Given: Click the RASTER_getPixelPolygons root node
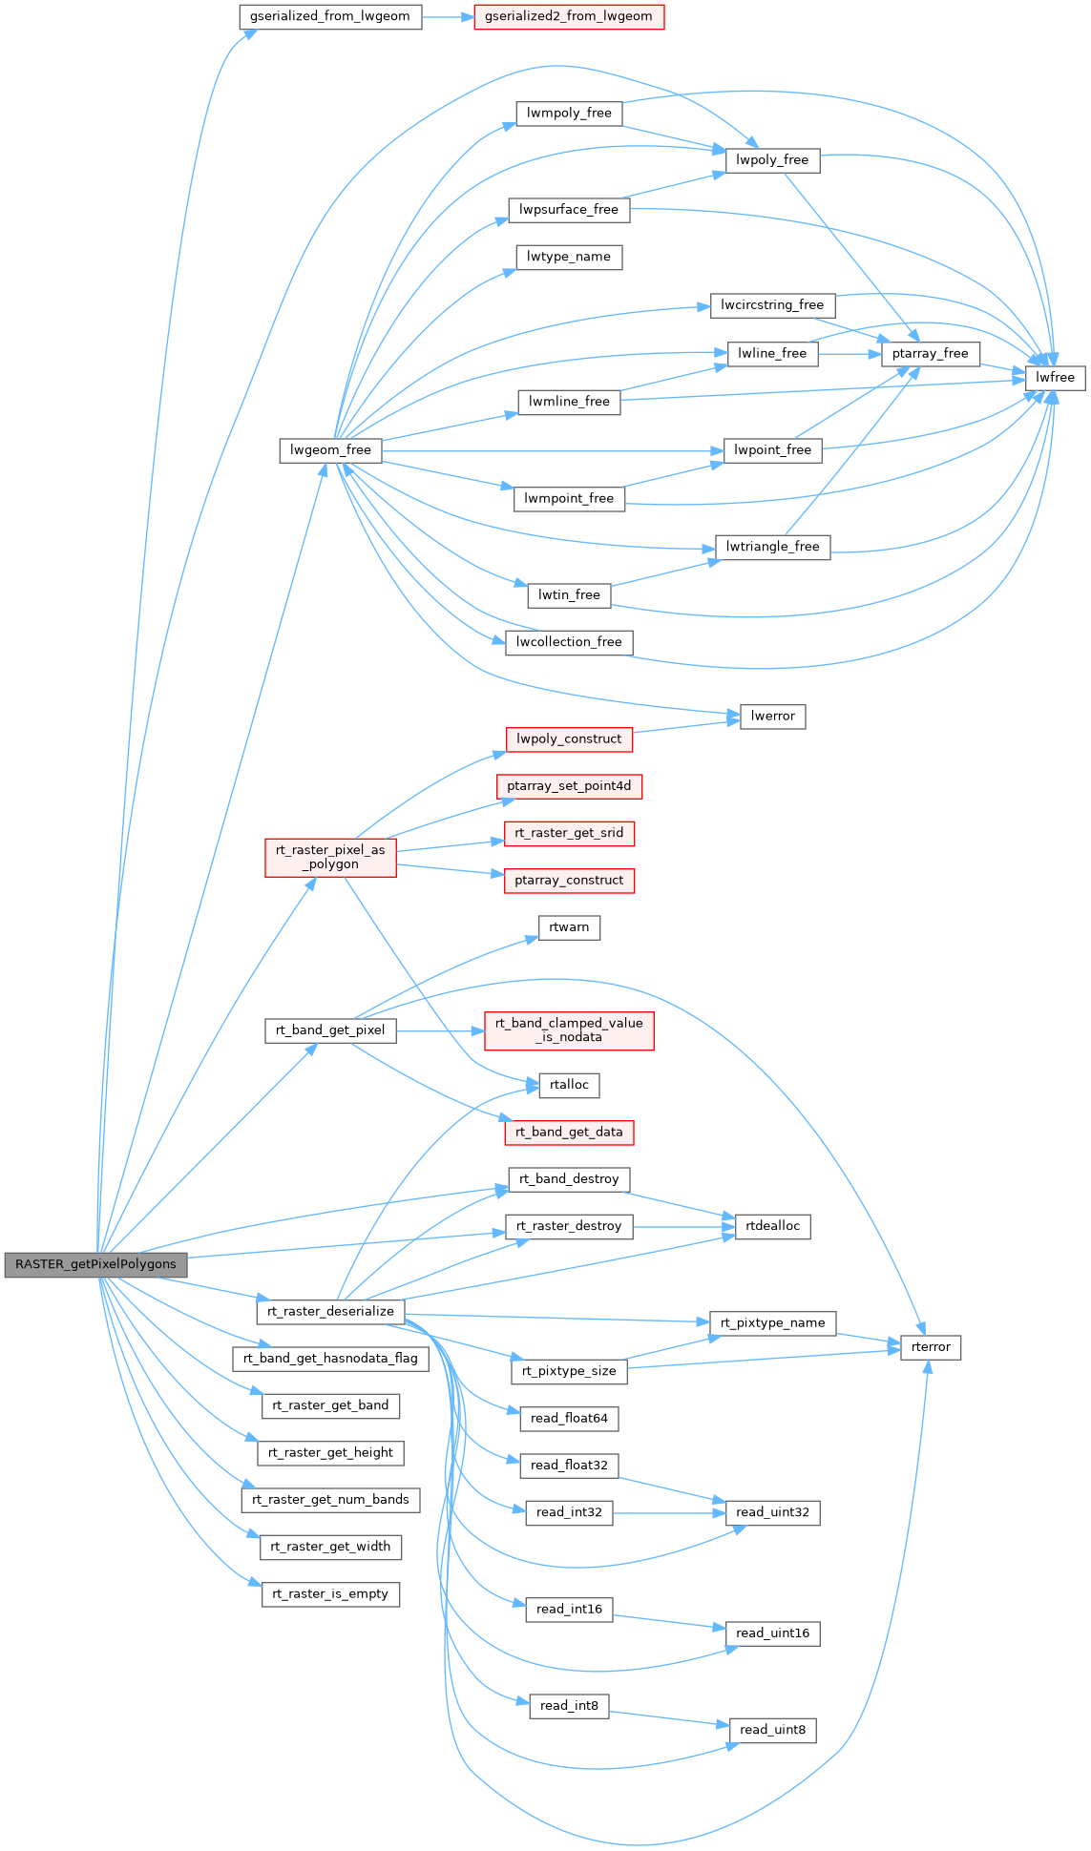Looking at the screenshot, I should [x=95, y=1264].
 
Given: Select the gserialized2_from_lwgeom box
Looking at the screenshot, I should [x=569, y=16].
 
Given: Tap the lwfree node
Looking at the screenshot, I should [x=1055, y=377].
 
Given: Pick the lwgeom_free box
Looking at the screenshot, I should [x=330, y=450].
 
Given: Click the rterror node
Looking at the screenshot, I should [x=931, y=1347].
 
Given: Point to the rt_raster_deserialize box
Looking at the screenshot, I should [x=330, y=1311].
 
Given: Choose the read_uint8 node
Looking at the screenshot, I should [x=772, y=1730].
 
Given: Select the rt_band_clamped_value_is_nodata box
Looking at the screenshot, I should [x=569, y=1030].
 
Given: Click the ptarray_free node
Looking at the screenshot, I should [x=930, y=353].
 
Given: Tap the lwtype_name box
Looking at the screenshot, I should [x=569, y=257].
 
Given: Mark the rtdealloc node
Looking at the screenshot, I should [x=772, y=1226].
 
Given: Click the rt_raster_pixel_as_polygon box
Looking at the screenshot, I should [x=330, y=857].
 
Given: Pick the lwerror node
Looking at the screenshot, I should [x=772, y=716].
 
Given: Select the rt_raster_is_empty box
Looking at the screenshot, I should [x=330, y=1593].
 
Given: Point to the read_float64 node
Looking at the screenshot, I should [x=569, y=1418].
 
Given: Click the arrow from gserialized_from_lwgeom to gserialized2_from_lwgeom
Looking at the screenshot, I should [x=448, y=16].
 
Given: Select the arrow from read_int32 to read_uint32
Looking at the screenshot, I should [x=668, y=1513].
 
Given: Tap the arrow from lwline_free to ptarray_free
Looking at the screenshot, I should [x=849, y=353].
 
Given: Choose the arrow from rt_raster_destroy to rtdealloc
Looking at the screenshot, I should [x=683, y=1226].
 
